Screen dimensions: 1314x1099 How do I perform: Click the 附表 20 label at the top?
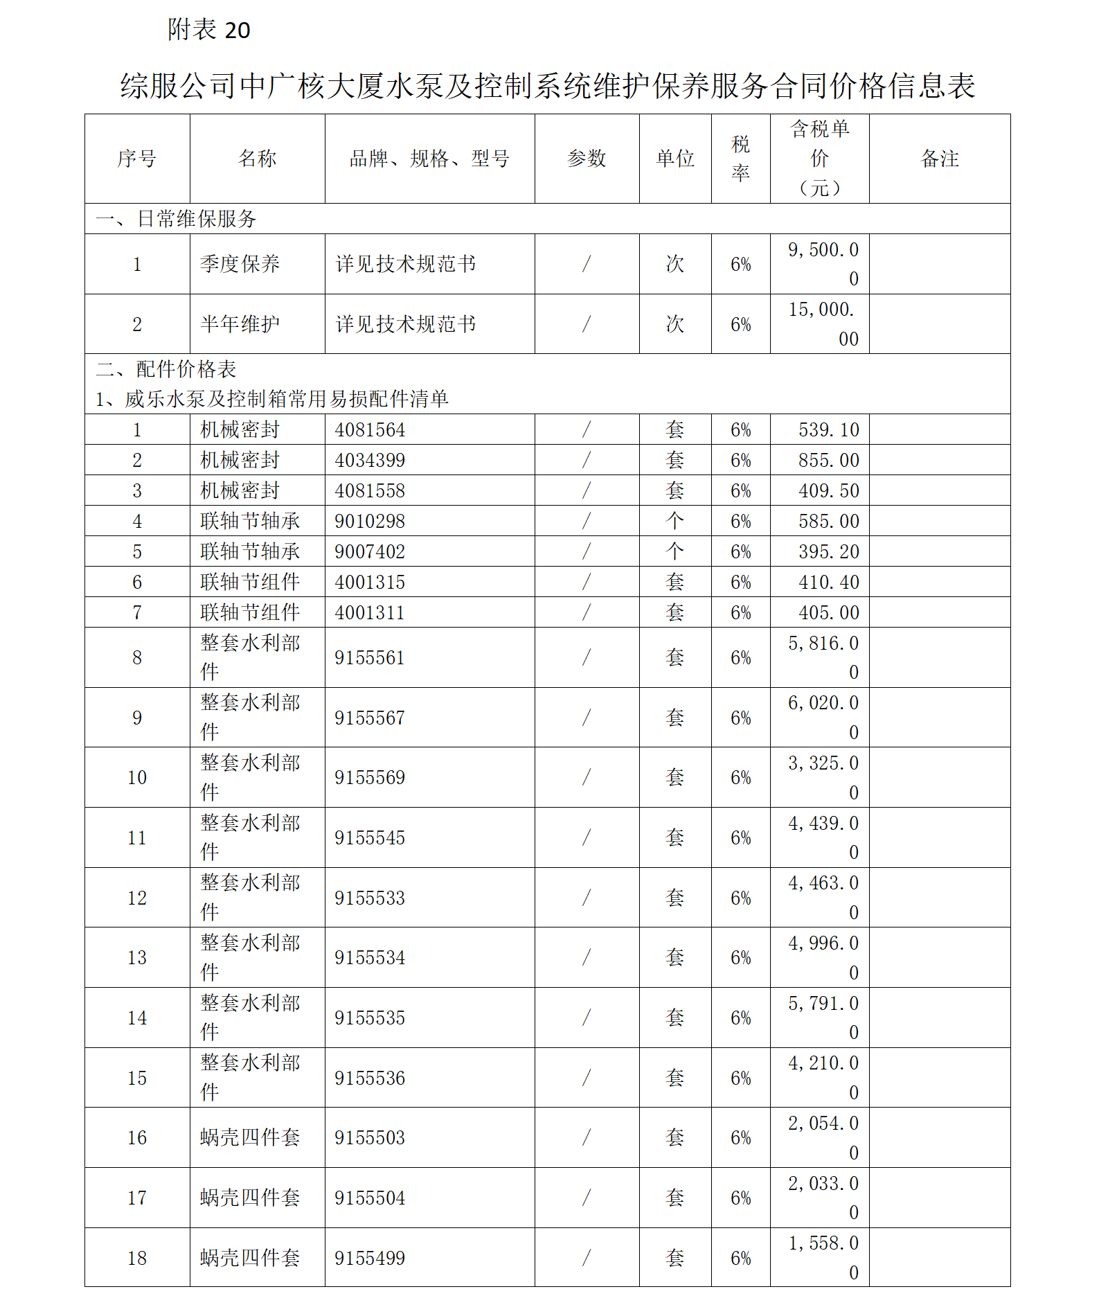[208, 30]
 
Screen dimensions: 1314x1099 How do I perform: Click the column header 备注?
[939, 159]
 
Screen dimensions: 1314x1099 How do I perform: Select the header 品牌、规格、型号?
[429, 159]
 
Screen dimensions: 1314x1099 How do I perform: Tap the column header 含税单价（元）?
[819, 159]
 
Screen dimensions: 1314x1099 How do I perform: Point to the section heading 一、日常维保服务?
[176, 219]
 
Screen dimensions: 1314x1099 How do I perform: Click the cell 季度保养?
[240, 264]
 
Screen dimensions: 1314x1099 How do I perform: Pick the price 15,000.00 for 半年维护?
[823, 324]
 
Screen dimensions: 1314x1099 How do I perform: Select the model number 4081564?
[370, 430]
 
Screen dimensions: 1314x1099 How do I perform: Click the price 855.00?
[828, 461]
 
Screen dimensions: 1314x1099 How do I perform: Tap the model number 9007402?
[370, 552]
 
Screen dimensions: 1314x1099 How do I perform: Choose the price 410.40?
[828, 583]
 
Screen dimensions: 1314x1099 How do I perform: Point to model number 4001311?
[370, 613]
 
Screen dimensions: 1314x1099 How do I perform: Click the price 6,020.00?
[823, 718]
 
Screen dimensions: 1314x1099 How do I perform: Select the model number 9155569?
[370, 778]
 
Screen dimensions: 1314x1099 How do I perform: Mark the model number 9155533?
[370, 898]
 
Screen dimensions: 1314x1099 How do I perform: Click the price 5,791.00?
[823, 1018]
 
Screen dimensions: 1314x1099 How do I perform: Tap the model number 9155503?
[370, 1138]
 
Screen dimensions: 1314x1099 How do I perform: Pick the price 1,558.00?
[823, 1258]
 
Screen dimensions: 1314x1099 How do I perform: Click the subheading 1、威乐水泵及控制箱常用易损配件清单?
[272, 399]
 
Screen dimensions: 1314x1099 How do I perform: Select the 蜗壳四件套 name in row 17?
[250, 1198]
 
